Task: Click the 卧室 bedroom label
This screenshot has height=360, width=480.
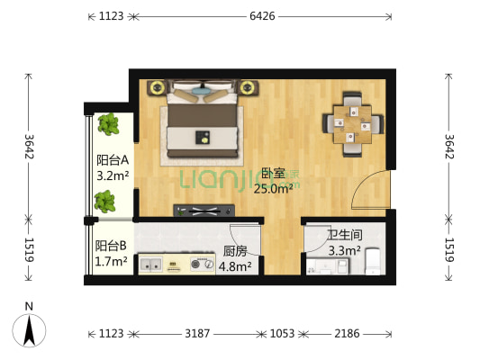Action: point(268,173)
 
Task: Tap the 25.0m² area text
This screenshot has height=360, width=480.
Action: point(272,188)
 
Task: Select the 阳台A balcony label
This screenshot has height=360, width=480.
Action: point(113,161)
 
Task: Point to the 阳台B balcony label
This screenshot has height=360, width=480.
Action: point(112,246)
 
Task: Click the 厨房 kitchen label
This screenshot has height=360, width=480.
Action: point(235,251)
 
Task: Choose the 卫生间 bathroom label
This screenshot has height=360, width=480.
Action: point(344,238)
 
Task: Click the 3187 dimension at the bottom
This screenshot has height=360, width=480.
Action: point(197,334)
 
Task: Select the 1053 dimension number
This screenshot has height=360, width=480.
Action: point(282,334)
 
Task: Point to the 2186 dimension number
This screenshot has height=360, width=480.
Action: point(347,334)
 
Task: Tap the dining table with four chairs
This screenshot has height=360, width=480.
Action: point(353,121)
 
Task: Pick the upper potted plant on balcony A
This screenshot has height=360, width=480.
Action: point(109,124)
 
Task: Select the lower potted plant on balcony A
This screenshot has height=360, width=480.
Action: point(105,201)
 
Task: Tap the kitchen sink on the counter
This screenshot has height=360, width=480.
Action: point(150,265)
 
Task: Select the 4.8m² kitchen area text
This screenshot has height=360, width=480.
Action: point(235,265)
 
